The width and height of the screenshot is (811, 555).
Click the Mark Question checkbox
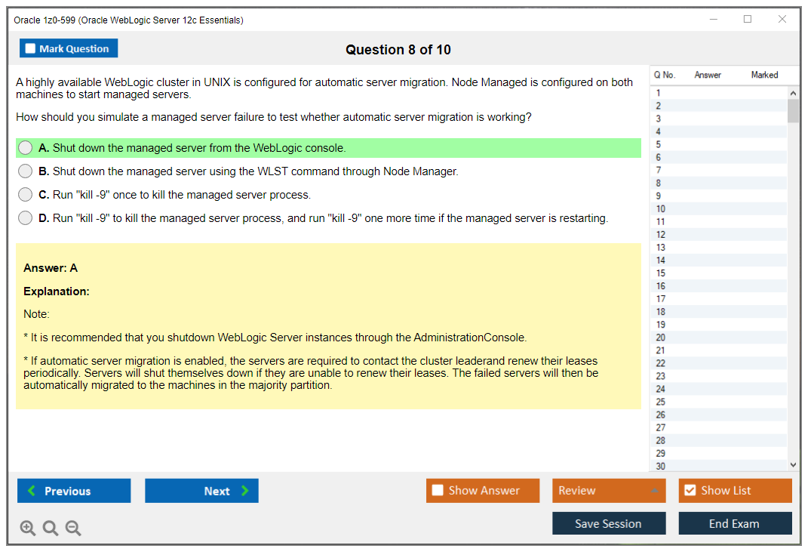tap(31, 49)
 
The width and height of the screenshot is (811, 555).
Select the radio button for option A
tap(26, 148)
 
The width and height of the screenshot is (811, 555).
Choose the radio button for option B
tap(26, 171)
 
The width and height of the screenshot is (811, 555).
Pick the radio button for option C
tap(26, 195)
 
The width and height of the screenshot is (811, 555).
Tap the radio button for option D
tap(26, 218)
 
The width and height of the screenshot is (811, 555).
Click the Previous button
tap(74, 491)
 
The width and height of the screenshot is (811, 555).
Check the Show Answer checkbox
tap(438, 491)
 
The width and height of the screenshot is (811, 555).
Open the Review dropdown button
tap(609, 491)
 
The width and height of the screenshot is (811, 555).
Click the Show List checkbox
tap(690, 491)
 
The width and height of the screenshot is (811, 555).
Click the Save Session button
tap(608, 523)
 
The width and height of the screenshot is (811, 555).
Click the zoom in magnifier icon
tap(28, 529)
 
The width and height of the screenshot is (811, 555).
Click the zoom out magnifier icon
tap(73, 529)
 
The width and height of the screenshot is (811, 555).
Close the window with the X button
tap(782, 20)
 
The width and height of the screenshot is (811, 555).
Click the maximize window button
tap(748, 20)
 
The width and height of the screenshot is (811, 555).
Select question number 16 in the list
tap(661, 286)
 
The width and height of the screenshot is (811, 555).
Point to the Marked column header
tap(764, 75)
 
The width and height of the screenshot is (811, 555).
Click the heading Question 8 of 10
tap(398, 50)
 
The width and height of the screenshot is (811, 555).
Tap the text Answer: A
tap(51, 268)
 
